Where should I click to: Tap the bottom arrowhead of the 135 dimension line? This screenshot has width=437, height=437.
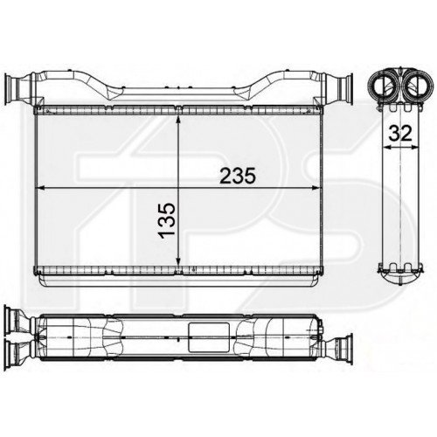click(178, 261)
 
